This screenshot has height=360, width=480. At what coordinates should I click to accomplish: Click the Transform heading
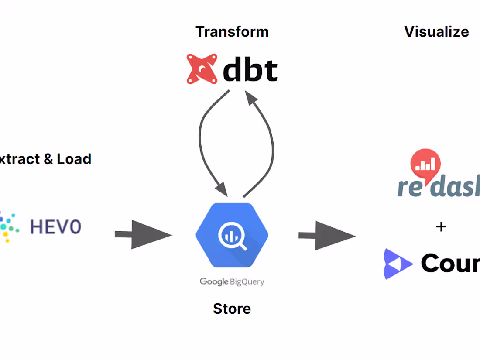click(232, 32)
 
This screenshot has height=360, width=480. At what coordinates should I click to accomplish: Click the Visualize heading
click(436, 32)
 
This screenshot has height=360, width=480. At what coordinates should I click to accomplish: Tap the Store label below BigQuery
click(232, 309)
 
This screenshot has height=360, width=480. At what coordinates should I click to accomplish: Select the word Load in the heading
click(74, 159)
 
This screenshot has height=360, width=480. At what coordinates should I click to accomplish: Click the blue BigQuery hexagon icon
click(232, 235)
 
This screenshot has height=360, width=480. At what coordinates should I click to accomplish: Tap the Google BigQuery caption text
click(232, 281)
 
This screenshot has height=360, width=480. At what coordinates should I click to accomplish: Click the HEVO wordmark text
click(55, 227)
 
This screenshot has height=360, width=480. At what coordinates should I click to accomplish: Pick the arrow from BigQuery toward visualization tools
click(327, 236)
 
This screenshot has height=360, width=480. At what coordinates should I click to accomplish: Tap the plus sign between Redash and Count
click(441, 226)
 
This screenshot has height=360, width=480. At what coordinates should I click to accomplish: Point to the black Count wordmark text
click(450, 263)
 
